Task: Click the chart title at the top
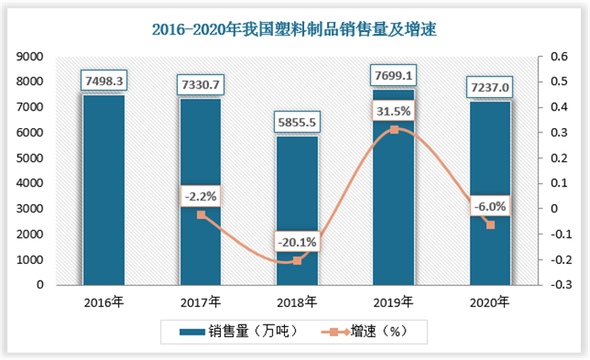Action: pos(294,30)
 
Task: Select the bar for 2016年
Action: pos(104,190)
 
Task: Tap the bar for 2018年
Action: pos(298,211)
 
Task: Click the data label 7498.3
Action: pos(104,81)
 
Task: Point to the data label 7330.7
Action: pos(201,84)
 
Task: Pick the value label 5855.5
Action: pos(297,122)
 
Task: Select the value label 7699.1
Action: pos(394,76)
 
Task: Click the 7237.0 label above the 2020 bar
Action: pos(490,88)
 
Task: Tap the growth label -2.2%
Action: pos(201,196)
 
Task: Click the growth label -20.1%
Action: pos(298,242)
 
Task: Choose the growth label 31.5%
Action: pos(394,111)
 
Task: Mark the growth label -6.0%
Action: pos(490,207)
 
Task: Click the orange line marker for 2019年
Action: pos(394,130)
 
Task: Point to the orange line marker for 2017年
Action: pos(201,215)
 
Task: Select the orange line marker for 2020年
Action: pos(491,225)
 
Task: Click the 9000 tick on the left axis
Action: pos(29,56)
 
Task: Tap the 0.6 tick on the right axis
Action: pos(559,56)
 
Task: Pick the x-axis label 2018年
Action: pos(297,302)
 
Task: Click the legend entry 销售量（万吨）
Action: pos(239,332)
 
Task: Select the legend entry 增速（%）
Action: pos(364,332)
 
